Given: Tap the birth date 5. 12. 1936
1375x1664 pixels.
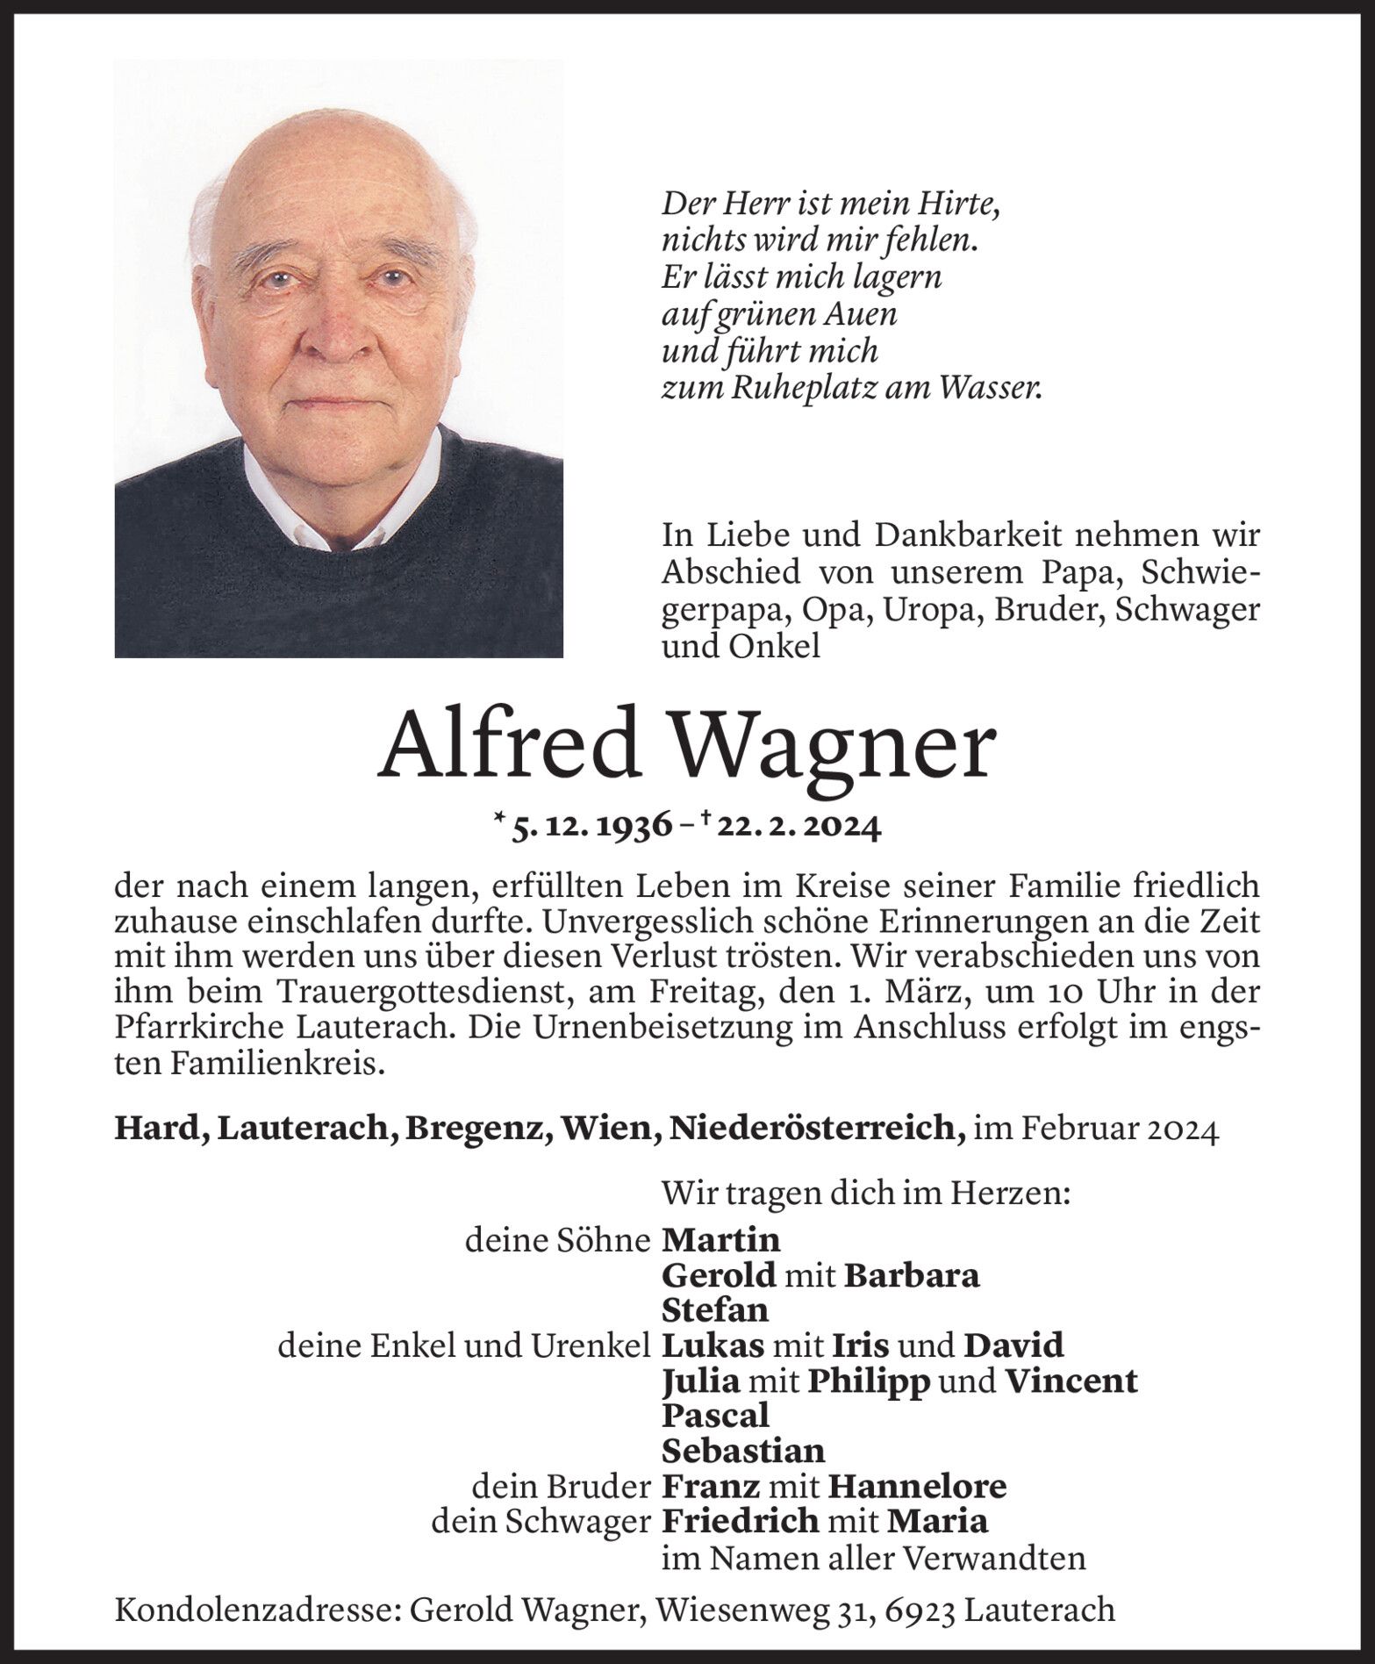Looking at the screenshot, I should click(x=592, y=826).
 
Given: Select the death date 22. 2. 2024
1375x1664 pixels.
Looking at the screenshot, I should click(x=798, y=826).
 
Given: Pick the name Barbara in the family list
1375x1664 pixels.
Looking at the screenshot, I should click(x=911, y=1274).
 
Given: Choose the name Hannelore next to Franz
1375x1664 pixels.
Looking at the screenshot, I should click(x=917, y=1486).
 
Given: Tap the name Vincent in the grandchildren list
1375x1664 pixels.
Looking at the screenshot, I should click(x=1071, y=1381).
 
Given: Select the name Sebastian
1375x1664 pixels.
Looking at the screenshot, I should click(x=743, y=1451).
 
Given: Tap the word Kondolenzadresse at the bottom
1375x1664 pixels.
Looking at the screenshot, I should click(x=255, y=1610).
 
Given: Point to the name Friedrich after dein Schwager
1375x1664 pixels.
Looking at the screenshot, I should click(x=740, y=1521).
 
